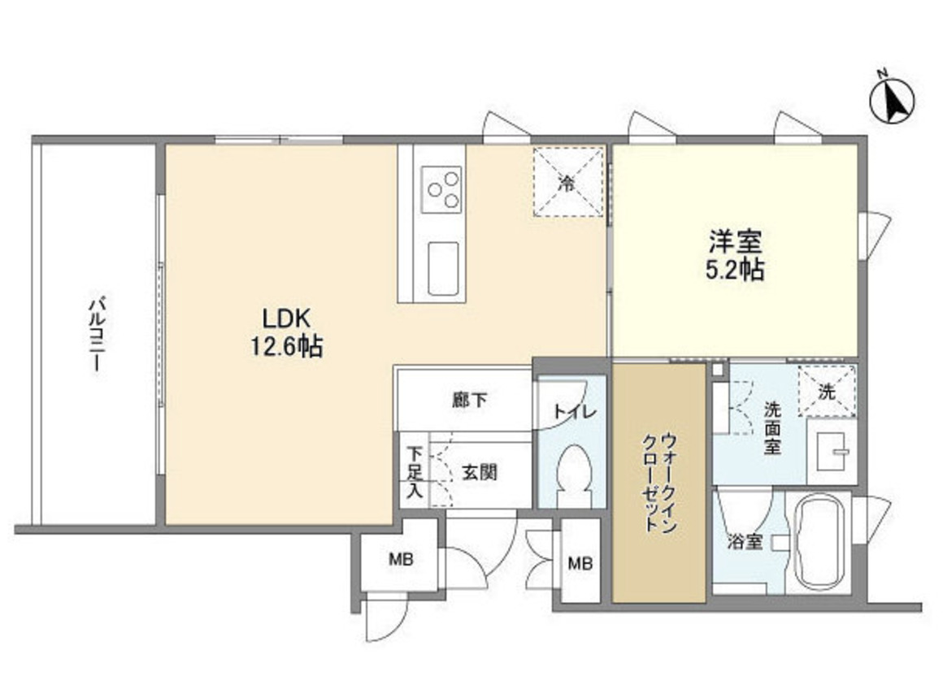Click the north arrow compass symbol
(892, 101)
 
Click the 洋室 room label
(734, 241)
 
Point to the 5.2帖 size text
(734, 270)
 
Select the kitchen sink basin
(444, 268)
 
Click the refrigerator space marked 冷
(568, 182)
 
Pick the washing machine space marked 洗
(827, 392)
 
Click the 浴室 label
(745, 541)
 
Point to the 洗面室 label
(771, 430)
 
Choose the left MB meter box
(400, 560)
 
